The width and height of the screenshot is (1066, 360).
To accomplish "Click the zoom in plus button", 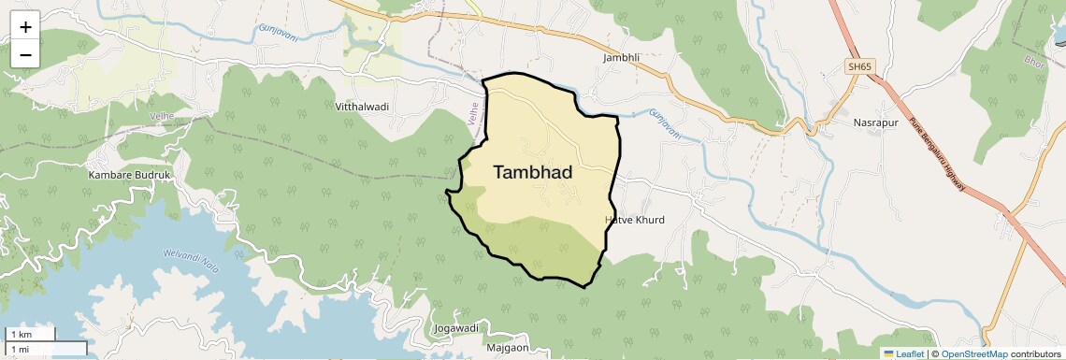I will (x=25, y=27).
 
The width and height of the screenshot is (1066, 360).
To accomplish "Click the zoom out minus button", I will (x=25, y=54).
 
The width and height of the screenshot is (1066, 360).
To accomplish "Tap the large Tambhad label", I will (x=532, y=172).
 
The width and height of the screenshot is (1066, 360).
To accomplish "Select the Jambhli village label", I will (x=622, y=57).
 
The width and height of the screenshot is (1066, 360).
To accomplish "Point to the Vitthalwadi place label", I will (x=362, y=107).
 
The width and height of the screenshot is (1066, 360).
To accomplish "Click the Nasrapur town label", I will (x=875, y=122).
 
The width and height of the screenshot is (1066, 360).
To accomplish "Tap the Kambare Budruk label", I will (x=130, y=175).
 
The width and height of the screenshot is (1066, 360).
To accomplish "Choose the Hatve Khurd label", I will (x=635, y=220).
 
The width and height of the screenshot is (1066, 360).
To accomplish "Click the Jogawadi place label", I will (x=457, y=328).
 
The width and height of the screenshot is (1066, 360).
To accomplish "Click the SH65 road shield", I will (x=858, y=66).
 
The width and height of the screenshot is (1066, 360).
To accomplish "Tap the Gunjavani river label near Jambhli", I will (x=665, y=124).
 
